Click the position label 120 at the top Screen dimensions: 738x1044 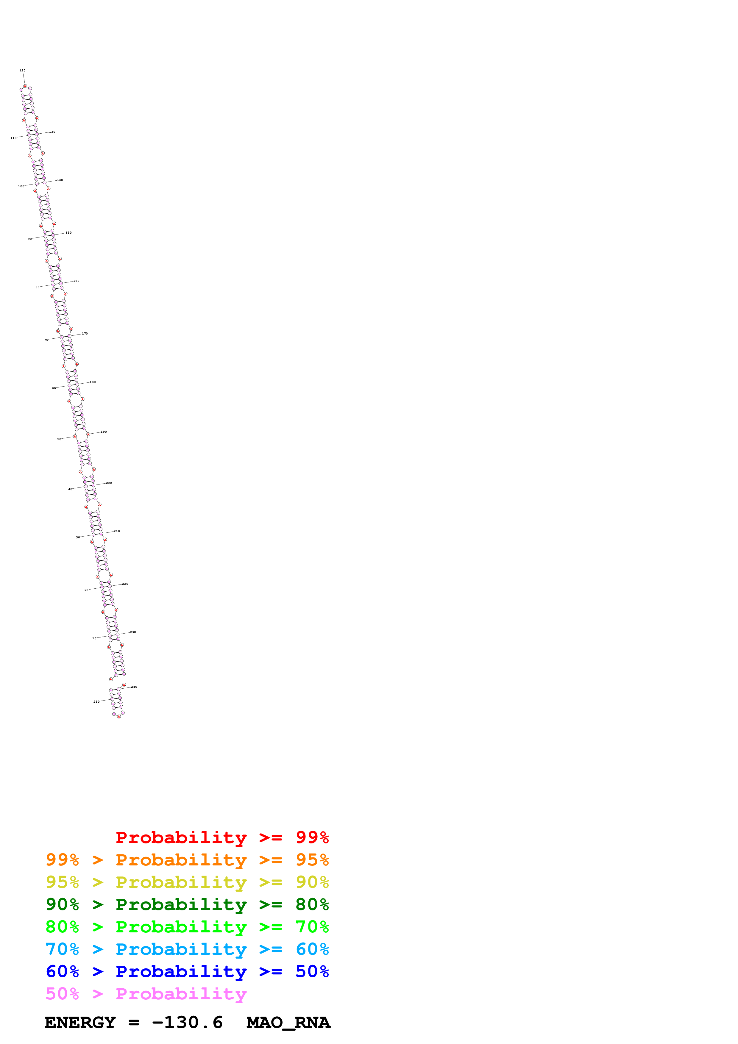[22, 71]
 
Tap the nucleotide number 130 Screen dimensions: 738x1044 [52, 132]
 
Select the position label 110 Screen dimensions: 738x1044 [13, 138]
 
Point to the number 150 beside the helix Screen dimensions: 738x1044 [68, 233]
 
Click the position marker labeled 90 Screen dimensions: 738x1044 [29, 239]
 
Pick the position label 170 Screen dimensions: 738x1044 [85, 334]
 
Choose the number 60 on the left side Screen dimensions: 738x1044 [54, 388]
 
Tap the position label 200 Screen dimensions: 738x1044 [109, 483]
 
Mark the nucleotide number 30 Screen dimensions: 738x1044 [78, 537]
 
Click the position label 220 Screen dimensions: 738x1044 [125, 584]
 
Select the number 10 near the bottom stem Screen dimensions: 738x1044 [94, 638]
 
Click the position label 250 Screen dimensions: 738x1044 [96, 702]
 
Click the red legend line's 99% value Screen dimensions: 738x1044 [312, 837]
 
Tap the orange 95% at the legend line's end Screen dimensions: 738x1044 [312, 859]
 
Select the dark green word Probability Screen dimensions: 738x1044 [181, 904]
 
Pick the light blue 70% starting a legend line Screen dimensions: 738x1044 [62, 949]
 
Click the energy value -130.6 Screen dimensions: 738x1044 [187, 1023]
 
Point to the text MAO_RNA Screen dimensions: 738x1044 [288, 1023]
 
